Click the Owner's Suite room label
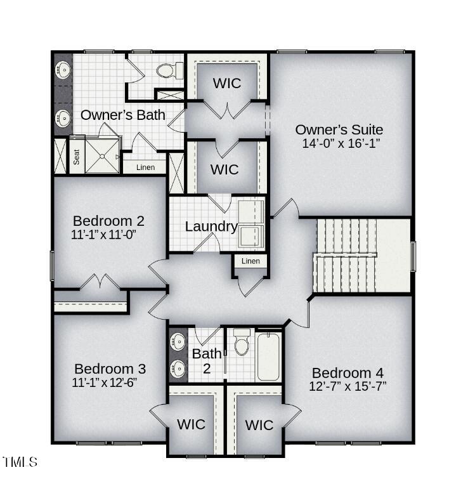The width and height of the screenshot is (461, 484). pyautogui.click(x=339, y=130)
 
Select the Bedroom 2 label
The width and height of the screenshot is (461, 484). pyautogui.click(x=108, y=221)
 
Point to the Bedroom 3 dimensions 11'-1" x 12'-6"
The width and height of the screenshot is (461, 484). pyautogui.click(x=104, y=383)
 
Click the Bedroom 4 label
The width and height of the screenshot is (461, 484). pyautogui.click(x=347, y=372)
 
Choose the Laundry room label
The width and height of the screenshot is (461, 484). pyautogui.click(x=211, y=226)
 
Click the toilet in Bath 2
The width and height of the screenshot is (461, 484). pyautogui.click(x=241, y=344)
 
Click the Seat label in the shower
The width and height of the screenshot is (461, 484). pyautogui.click(x=77, y=157)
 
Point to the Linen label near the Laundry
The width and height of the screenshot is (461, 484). pyautogui.click(x=250, y=261)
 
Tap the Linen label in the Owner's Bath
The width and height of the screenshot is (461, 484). pyautogui.click(x=145, y=167)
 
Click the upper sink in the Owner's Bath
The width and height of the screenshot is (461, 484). pyautogui.click(x=63, y=70)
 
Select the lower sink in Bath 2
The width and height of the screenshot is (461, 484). pyautogui.click(x=179, y=369)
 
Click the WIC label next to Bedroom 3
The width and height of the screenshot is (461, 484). pyautogui.click(x=191, y=424)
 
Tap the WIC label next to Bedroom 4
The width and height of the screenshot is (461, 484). pyautogui.click(x=259, y=424)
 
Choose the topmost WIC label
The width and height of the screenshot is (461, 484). pyautogui.click(x=226, y=83)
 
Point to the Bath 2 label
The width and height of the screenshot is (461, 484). pyautogui.click(x=207, y=359)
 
